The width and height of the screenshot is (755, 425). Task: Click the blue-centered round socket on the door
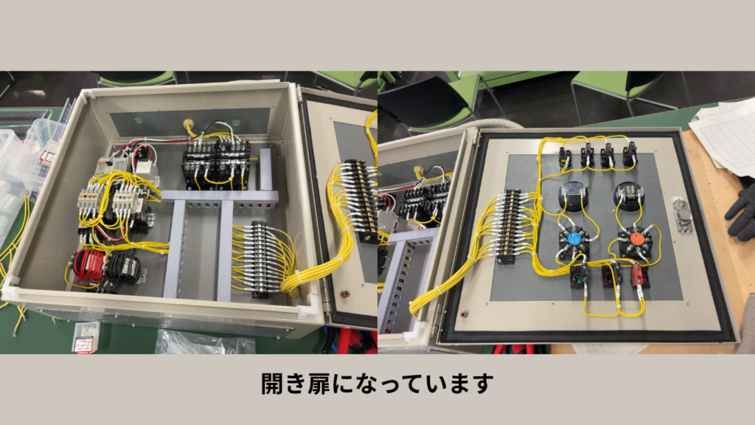(573, 240)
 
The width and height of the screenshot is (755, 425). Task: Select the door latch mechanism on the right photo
(683, 215)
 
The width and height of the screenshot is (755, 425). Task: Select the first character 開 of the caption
(272, 384)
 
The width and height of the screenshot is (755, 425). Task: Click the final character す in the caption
(482, 384)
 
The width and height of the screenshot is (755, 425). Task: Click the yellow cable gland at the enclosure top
(187, 126)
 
